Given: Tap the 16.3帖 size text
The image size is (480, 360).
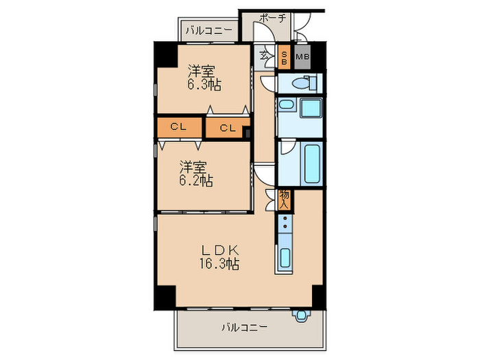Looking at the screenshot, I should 219,263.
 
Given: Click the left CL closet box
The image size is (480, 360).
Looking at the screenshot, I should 179,127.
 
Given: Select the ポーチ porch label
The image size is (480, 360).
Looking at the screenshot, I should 273,19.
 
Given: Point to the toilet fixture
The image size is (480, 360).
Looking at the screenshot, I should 300,83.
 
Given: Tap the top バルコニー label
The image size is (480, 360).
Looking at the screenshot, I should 208,30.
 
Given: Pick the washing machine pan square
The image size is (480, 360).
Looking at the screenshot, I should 311,108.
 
